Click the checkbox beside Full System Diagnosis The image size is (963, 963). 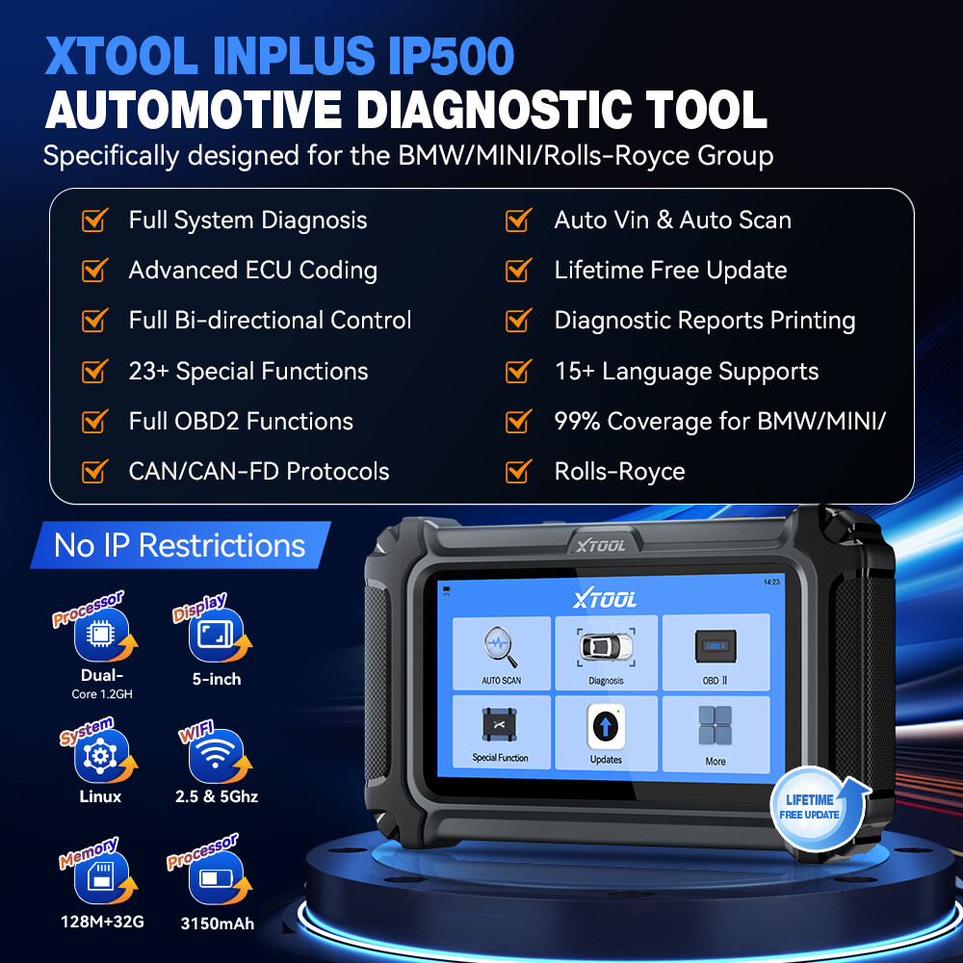94,221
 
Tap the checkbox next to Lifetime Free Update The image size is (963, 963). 518,271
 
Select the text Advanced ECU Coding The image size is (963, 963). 252,271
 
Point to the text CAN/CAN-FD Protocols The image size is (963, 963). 259,472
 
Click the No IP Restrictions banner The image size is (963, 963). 180,545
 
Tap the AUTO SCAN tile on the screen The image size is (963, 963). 501,653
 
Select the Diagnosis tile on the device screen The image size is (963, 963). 606,653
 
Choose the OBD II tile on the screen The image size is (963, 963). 715,651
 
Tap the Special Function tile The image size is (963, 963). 501,732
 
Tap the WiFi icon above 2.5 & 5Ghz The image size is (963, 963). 216,757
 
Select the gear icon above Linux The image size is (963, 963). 100,757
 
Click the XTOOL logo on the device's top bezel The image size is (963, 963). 601,545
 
